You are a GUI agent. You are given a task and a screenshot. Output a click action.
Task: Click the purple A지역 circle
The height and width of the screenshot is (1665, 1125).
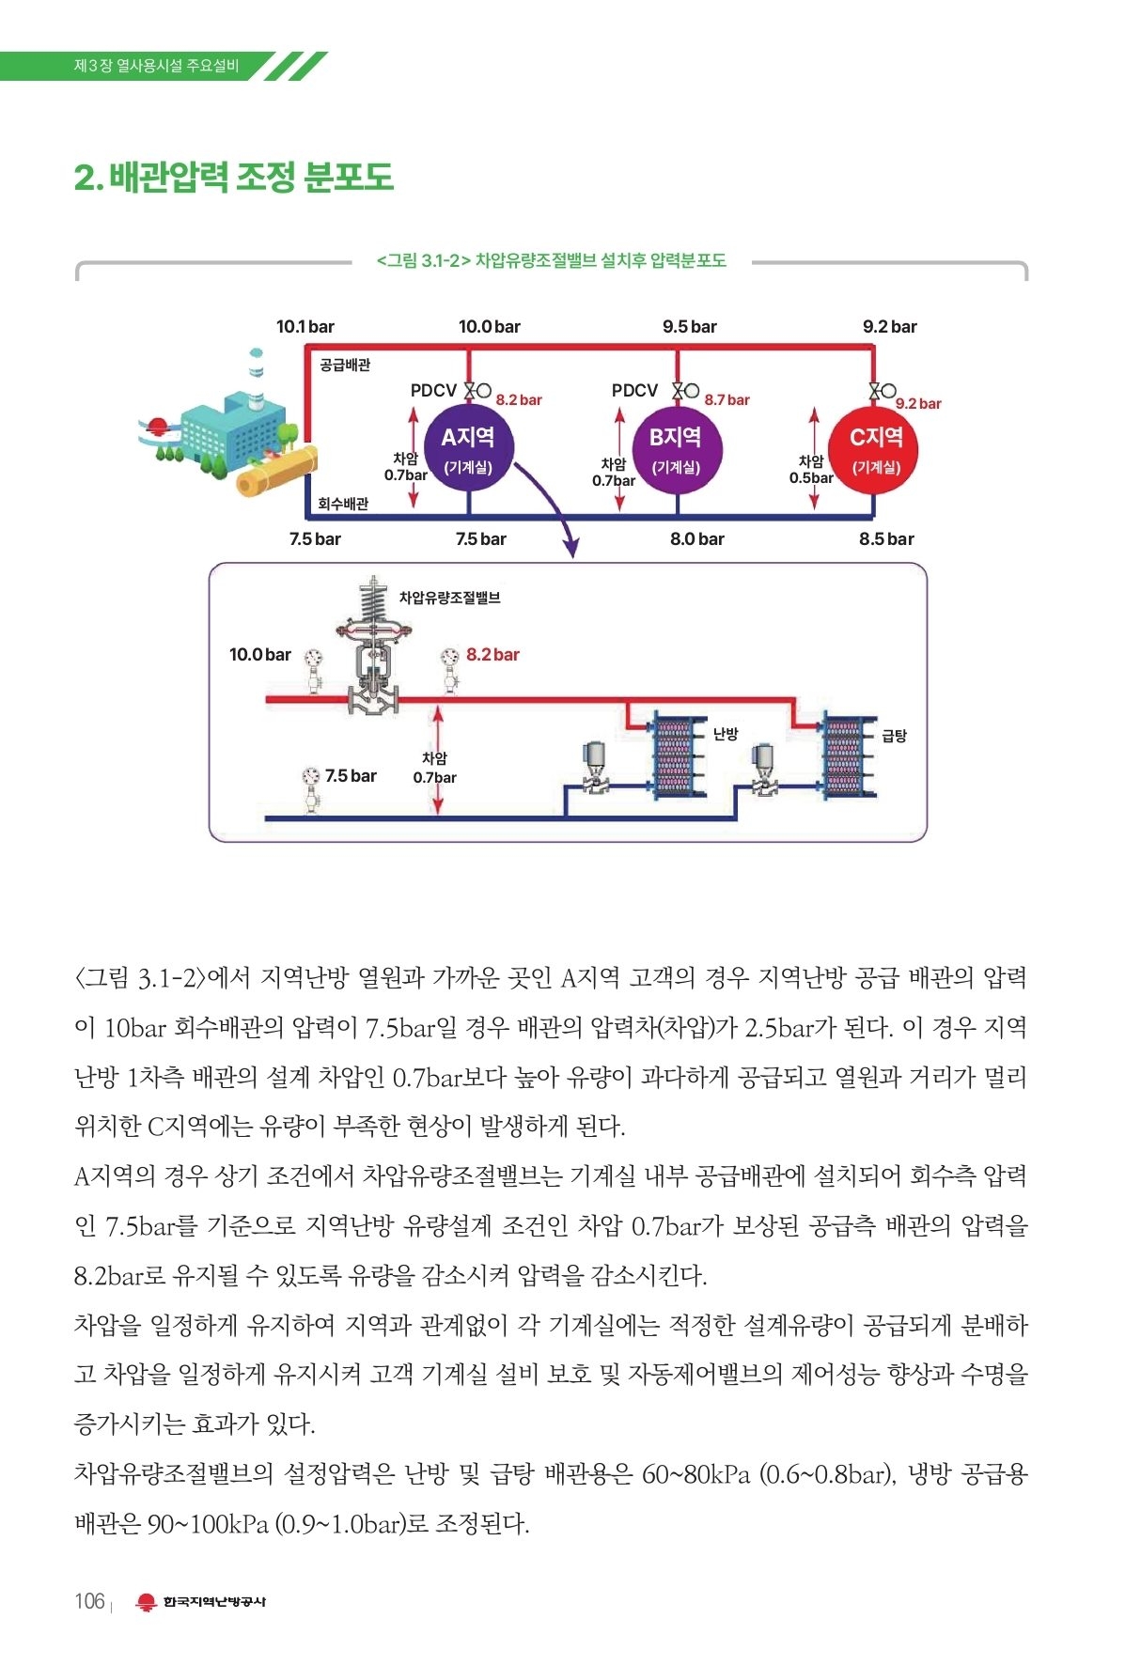(467, 448)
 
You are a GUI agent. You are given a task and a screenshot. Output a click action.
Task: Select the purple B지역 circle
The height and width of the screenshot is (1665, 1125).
(676, 448)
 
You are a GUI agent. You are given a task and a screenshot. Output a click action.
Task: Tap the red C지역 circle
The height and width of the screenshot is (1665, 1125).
(875, 448)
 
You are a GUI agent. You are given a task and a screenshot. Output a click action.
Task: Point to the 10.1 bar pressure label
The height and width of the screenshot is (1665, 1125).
(305, 327)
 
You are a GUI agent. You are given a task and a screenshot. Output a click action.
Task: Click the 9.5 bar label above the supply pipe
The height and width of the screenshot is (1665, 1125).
(689, 327)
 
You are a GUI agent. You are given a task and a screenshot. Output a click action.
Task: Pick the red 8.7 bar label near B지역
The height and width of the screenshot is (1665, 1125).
(727, 399)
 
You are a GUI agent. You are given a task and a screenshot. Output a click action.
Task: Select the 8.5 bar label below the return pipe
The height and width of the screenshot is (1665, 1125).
(885, 539)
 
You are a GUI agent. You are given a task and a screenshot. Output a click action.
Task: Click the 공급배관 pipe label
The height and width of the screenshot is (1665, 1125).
(345, 365)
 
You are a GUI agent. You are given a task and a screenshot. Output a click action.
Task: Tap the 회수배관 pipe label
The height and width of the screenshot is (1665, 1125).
(343, 504)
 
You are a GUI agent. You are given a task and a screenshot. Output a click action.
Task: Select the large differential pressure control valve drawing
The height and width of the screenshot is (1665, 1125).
(373, 648)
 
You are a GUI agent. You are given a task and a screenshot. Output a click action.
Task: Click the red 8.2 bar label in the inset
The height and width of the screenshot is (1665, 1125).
(492, 655)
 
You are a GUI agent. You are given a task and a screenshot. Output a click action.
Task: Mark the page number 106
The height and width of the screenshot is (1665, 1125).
(89, 1601)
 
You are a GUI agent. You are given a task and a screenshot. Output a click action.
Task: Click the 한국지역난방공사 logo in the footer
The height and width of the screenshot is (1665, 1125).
(201, 1602)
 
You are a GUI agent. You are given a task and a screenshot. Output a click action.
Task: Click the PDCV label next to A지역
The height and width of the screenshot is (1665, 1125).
(433, 390)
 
